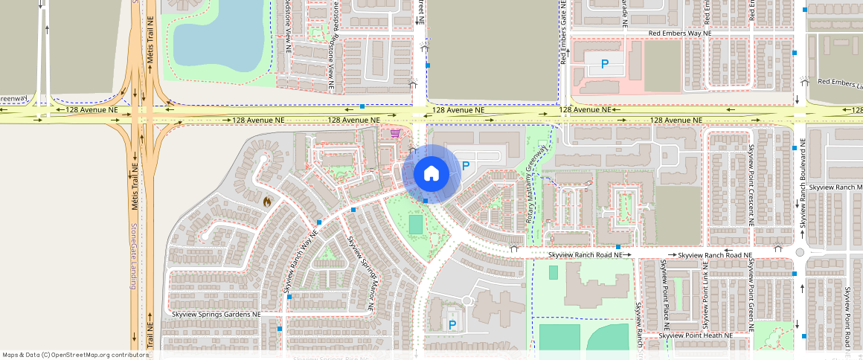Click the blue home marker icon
[x=430, y=174]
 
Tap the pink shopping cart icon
[x=396, y=134]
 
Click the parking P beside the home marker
[x=466, y=167]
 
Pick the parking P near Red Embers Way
[x=605, y=65]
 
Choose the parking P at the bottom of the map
[x=452, y=324]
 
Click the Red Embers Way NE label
[x=679, y=33]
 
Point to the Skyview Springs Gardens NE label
[x=216, y=315]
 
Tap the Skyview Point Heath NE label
[x=696, y=335]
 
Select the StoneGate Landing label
[x=135, y=257]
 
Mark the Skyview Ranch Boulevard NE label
[x=803, y=183]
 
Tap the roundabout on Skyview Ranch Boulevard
[x=800, y=253]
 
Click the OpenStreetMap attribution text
[x=74, y=355]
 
